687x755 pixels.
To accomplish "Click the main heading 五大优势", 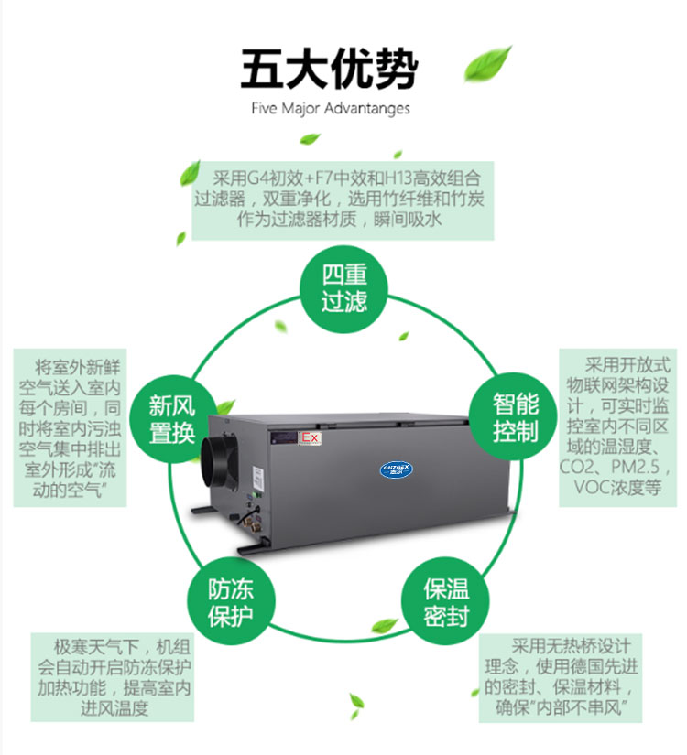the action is click(x=329, y=69).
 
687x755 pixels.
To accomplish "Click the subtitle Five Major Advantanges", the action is click(x=331, y=108).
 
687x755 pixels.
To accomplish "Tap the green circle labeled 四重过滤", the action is click(x=343, y=289).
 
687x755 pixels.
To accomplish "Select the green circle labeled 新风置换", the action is click(x=172, y=419).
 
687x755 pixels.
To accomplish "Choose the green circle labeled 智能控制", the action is click(x=514, y=417).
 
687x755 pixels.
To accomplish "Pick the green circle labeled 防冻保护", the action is click(x=231, y=602).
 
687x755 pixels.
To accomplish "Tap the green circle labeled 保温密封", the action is click(x=445, y=602).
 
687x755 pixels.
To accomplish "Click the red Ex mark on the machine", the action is click(x=310, y=437).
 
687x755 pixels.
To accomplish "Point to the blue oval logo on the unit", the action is click(x=397, y=469).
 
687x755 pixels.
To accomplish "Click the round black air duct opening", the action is click(x=219, y=462).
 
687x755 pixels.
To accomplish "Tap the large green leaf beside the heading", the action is click(x=487, y=63).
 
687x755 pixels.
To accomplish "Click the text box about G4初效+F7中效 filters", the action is click(x=343, y=200).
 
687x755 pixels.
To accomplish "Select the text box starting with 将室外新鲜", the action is click(x=70, y=427).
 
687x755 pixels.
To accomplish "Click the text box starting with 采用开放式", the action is click(x=617, y=427).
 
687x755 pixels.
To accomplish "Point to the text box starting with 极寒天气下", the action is click(x=113, y=677).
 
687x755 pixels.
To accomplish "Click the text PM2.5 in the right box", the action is click(x=636, y=467).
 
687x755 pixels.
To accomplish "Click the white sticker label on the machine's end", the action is click(x=258, y=480).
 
